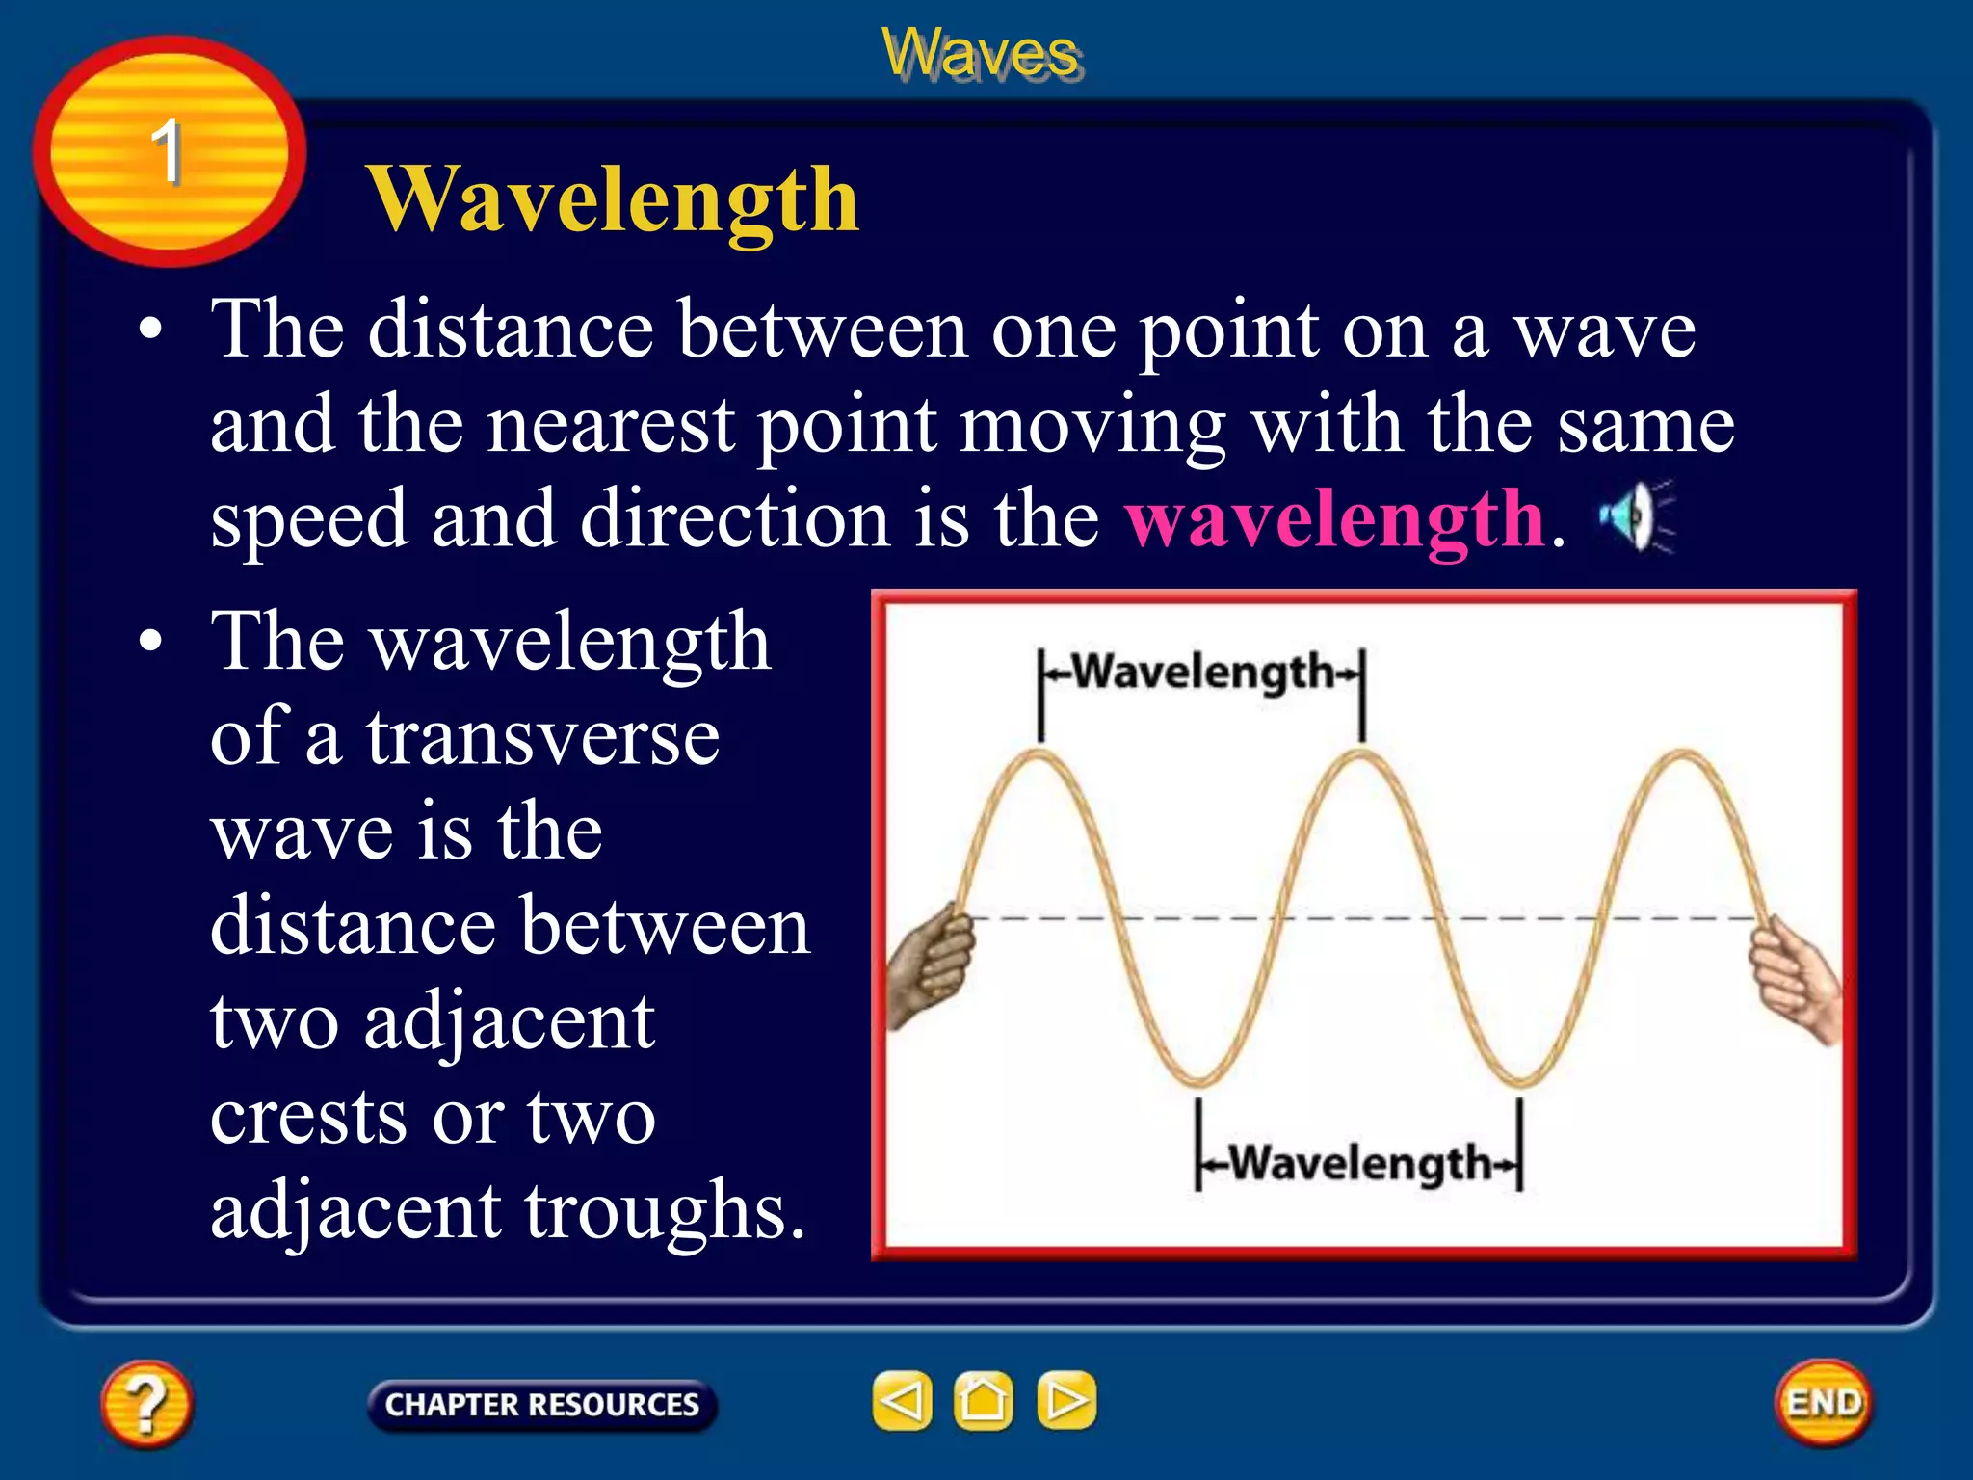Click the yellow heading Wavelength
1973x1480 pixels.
(613, 199)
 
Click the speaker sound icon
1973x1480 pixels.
(1635, 517)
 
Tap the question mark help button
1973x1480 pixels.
(146, 1403)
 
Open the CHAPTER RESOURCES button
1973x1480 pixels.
(541, 1405)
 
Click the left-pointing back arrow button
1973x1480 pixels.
(902, 1400)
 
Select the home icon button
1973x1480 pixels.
(983, 1400)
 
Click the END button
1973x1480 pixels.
(1824, 1402)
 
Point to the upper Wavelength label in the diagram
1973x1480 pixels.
(1202, 672)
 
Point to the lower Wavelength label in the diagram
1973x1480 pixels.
(1359, 1163)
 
